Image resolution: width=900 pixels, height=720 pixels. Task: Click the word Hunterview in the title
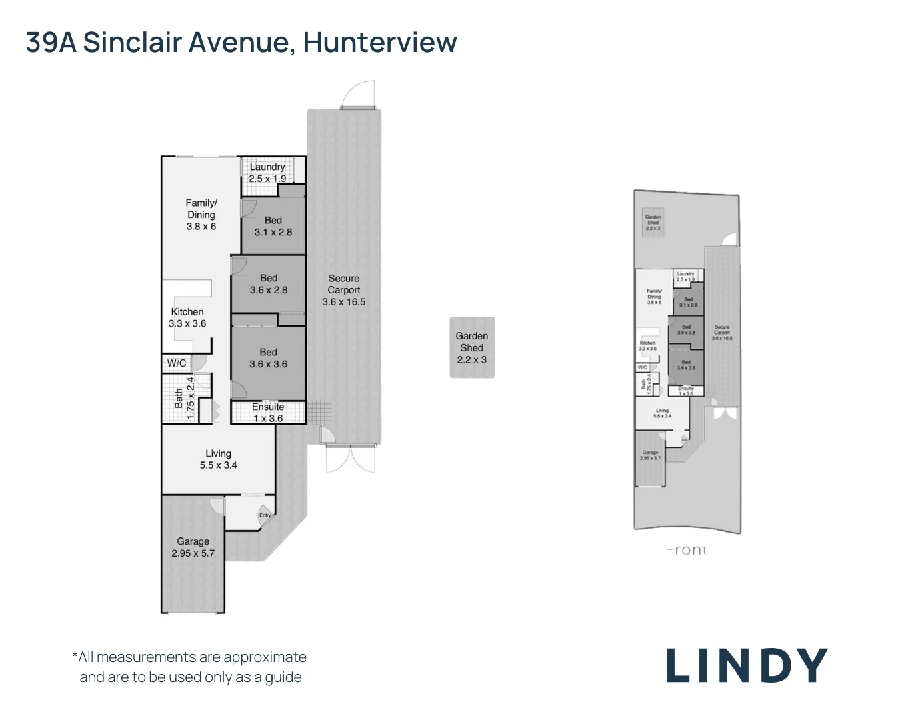pyautogui.click(x=380, y=42)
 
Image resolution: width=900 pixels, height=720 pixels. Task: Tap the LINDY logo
pyautogui.click(x=747, y=665)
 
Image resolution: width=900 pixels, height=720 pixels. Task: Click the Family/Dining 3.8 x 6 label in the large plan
pyautogui.click(x=201, y=215)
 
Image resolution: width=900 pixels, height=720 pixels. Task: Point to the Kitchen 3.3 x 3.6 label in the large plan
pyautogui.click(x=187, y=317)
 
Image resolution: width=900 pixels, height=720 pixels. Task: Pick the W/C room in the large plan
pyautogui.click(x=177, y=363)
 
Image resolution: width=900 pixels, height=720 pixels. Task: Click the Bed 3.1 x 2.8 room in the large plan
pyautogui.click(x=273, y=226)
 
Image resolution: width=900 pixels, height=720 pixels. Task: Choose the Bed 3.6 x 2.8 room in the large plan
pyautogui.click(x=269, y=284)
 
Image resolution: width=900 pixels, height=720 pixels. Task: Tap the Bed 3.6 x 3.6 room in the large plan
pyautogui.click(x=268, y=358)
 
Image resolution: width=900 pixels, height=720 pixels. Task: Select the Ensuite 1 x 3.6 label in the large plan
pyautogui.click(x=267, y=413)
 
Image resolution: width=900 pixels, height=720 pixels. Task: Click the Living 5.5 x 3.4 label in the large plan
pyautogui.click(x=218, y=459)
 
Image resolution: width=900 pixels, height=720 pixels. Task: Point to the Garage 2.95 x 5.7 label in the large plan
pyautogui.click(x=193, y=547)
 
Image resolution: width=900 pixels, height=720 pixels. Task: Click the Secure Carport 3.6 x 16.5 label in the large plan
pyautogui.click(x=343, y=290)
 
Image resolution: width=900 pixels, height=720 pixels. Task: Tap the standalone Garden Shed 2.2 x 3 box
pyautogui.click(x=472, y=347)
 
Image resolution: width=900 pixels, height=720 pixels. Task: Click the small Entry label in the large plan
pyautogui.click(x=265, y=515)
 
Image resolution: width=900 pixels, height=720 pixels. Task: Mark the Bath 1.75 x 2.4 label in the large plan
pyautogui.click(x=184, y=398)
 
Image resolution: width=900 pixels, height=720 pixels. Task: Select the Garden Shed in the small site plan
pyautogui.click(x=653, y=223)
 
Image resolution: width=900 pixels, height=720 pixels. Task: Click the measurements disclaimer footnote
pyautogui.click(x=190, y=667)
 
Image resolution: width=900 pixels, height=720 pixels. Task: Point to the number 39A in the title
pyautogui.click(x=51, y=42)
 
